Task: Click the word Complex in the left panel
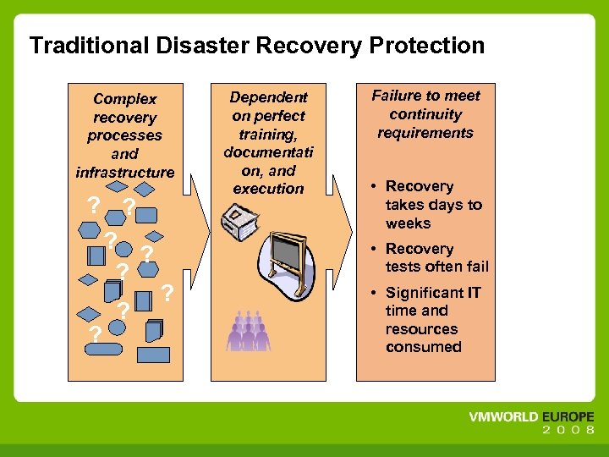click(125, 99)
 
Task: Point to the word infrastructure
click(125, 173)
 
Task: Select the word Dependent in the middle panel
click(268, 96)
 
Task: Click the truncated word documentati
click(268, 152)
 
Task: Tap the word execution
click(268, 189)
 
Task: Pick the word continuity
click(425, 114)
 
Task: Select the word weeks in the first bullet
click(408, 223)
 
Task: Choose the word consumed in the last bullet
click(423, 347)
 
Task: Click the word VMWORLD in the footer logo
click(502, 417)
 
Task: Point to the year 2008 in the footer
click(568, 431)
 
